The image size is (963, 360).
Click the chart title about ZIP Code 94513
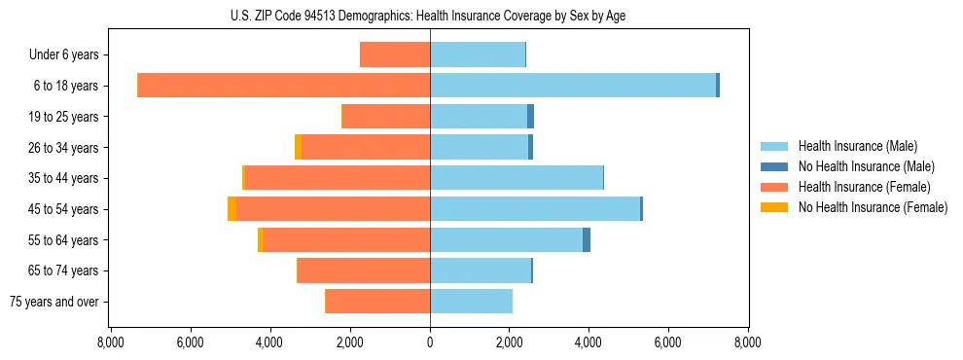pyautogui.click(x=429, y=16)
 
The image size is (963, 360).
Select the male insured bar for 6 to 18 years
pyautogui.click(x=573, y=86)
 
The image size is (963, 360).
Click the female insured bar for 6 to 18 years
pyautogui.click(x=284, y=86)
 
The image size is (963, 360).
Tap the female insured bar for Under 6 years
pyautogui.click(x=395, y=54)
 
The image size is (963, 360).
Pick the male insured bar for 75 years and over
pyautogui.click(x=471, y=302)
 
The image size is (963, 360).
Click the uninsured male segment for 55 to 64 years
pyautogui.click(x=587, y=240)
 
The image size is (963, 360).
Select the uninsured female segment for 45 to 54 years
pyautogui.click(x=232, y=209)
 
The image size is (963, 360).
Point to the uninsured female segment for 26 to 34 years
pyautogui.click(x=298, y=147)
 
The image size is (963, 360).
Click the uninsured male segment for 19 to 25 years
pyautogui.click(x=530, y=117)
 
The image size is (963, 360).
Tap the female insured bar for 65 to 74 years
pyautogui.click(x=364, y=270)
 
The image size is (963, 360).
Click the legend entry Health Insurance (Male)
pyautogui.click(x=857, y=147)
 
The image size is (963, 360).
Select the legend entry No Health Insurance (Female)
pyautogui.click(x=873, y=207)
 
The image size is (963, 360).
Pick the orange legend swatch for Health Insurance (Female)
pyautogui.click(x=774, y=187)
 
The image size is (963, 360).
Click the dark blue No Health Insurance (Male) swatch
pyautogui.click(x=774, y=166)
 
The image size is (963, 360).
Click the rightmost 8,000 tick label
pyautogui.click(x=747, y=342)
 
